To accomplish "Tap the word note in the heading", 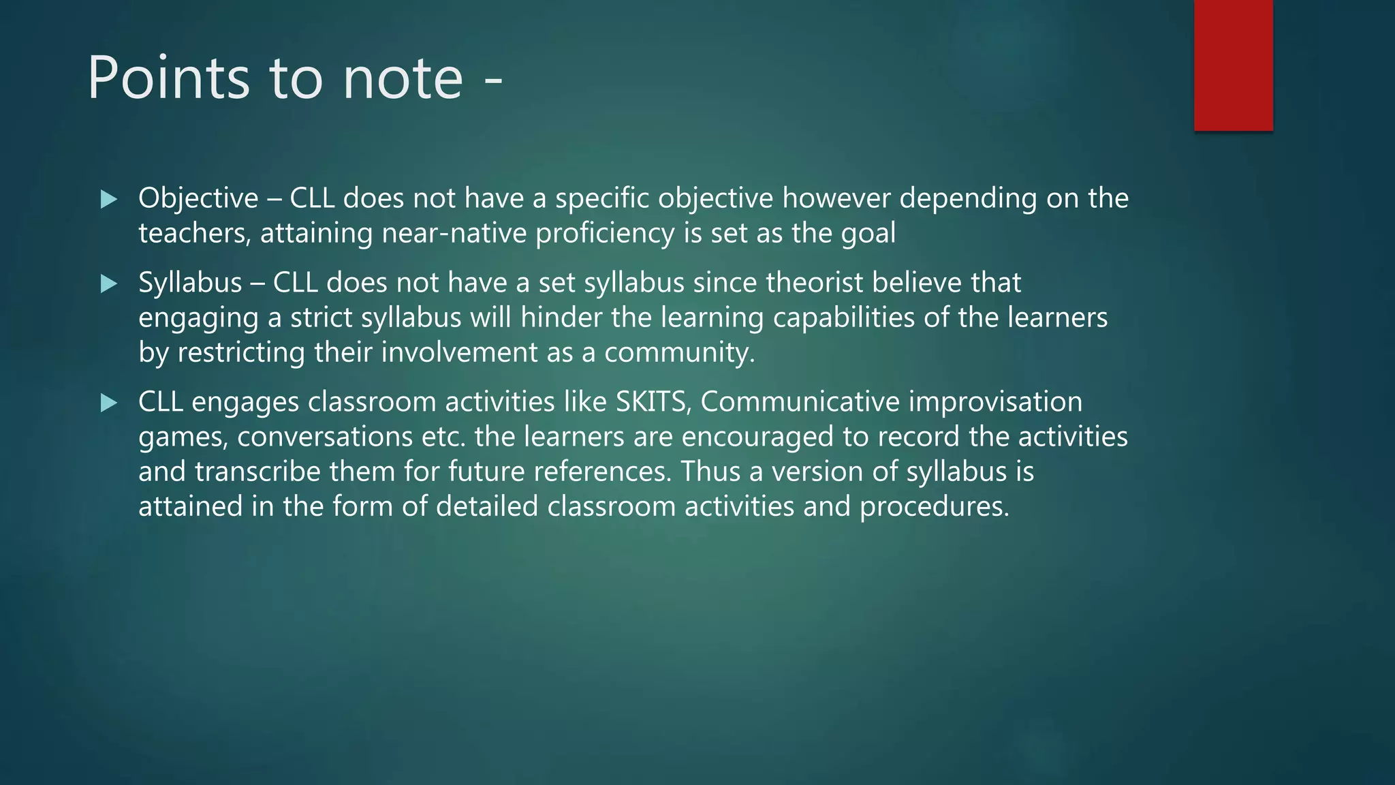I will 403,78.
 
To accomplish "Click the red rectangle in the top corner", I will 1233,65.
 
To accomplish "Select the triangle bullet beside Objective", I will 108,200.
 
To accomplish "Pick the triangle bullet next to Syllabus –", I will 108,283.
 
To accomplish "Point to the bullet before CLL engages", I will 108,403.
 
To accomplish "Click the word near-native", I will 454,234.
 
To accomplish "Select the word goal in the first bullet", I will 868,234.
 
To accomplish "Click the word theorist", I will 814,283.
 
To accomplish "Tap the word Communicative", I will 800,402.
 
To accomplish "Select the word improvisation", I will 995,402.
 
